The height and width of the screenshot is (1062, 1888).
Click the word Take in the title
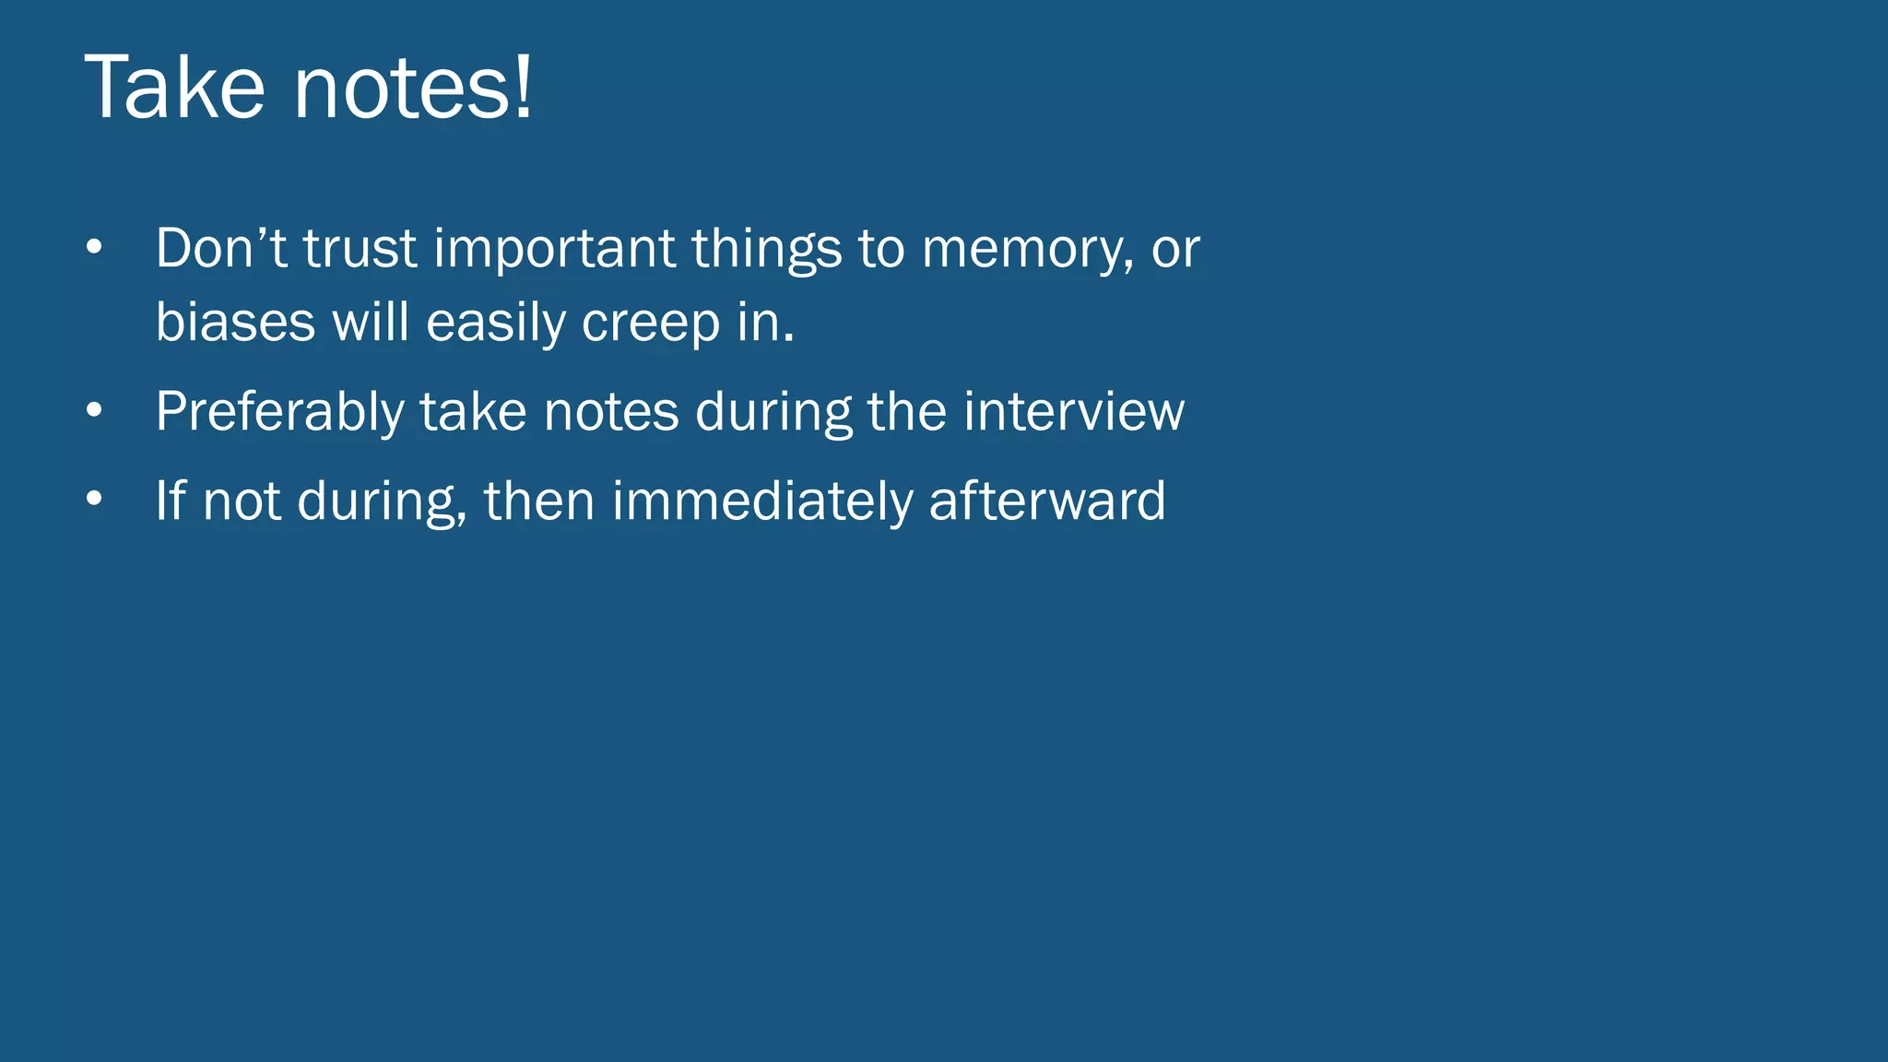(174, 88)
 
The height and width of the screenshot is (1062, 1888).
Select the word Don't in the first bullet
(221, 248)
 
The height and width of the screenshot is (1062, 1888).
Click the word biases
(235, 322)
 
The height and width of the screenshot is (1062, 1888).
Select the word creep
(651, 324)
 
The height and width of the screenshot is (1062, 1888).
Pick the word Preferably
(279, 412)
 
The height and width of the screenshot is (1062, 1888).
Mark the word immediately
(761, 501)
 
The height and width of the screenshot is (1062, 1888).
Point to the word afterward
(1047, 501)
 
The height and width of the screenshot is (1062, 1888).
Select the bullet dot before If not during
(94, 500)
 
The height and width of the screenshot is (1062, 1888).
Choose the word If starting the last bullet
(171, 501)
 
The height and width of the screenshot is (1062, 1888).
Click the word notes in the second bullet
(611, 411)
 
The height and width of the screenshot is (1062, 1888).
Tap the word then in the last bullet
(539, 501)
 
